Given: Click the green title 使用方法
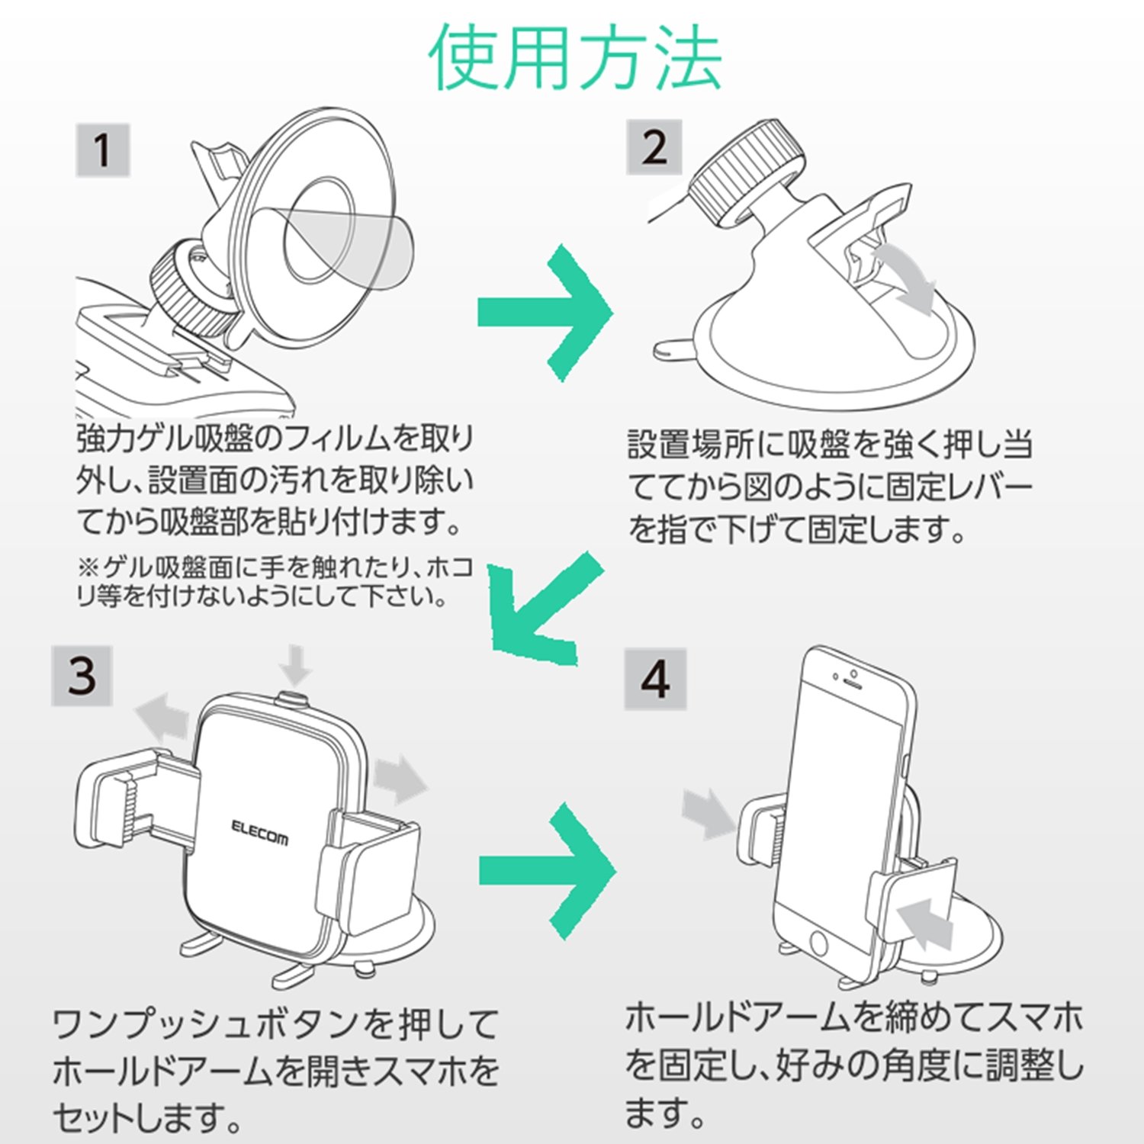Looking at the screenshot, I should point(575,59).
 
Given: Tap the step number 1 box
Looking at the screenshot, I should point(102,149).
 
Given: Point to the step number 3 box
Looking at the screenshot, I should point(82,676).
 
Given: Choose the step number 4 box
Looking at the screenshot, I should point(655,680).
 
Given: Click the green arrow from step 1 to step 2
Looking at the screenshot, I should point(545,312).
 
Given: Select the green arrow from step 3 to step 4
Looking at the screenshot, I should point(546,870).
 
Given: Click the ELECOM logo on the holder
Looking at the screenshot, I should point(259,833).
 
